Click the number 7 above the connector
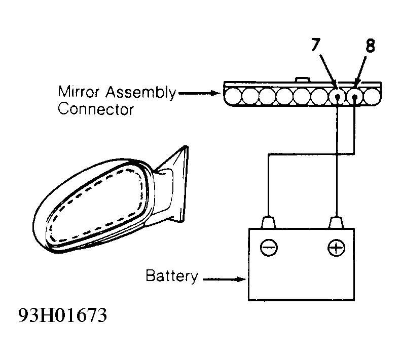coord(316,45)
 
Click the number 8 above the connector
coord(370,46)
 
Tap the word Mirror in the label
coord(79,92)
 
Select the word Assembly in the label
coord(141,93)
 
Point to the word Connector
coord(96,109)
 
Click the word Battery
coord(172,276)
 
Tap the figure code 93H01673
coord(63,315)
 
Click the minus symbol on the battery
coord(269,248)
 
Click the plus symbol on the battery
coord(336,248)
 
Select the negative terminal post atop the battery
coord(268,223)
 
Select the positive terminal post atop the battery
coord(336,223)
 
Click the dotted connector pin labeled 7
coord(337,97)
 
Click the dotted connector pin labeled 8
coord(354,97)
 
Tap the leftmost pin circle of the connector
coord(233,97)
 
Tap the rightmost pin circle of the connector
coord(372,97)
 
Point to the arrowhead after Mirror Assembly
coord(215,93)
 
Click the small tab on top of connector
coord(303,79)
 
